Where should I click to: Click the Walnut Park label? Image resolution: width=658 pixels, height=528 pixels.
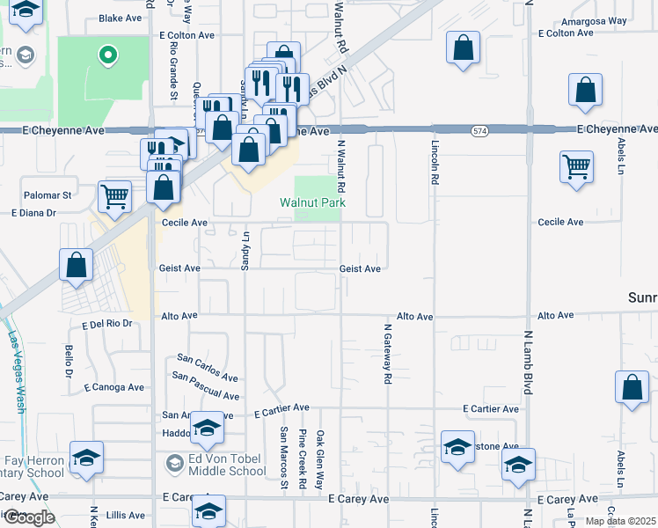pyautogui.click(x=312, y=202)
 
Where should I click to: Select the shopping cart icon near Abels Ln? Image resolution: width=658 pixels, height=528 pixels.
pyautogui.click(x=576, y=166)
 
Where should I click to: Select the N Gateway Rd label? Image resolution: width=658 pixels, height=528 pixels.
pyautogui.click(x=387, y=353)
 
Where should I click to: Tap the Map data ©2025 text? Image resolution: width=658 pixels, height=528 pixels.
pyautogui.click(x=619, y=521)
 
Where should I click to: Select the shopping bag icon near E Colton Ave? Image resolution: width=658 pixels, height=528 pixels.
pyautogui.click(x=463, y=48)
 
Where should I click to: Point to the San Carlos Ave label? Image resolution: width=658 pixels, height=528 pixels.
pyautogui.click(x=208, y=367)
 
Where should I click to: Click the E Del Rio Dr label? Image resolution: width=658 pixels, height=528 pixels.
pyautogui.click(x=106, y=324)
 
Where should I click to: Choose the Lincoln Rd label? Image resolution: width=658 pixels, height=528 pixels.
pyautogui.click(x=435, y=162)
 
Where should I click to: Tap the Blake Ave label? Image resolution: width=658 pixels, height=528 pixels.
pyautogui.click(x=121, y=18)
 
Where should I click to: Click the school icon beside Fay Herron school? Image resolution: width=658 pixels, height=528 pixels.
pyautogui.click(x=86, y=458)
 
